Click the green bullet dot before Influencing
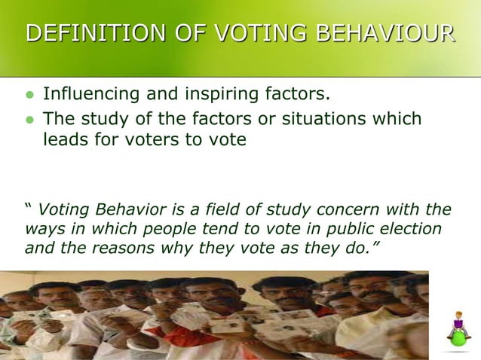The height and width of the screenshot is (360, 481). click(x=30, y=96)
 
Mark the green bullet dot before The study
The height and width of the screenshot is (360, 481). click(x=30, y=121)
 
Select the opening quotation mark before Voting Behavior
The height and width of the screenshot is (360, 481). click(x=29, y=208)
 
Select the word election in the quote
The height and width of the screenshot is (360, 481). click(x=412, y=229)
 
